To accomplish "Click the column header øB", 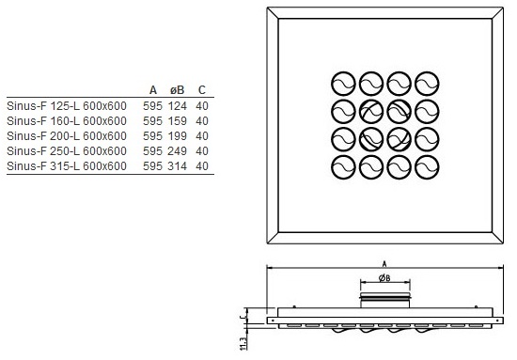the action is tap(177, 90).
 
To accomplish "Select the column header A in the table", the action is tap(153, 90).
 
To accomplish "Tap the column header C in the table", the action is tap(202, 90).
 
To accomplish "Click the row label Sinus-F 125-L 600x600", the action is tap(67, 106).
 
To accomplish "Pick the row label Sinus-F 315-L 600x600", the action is tap(67, 165).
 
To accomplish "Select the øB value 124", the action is tap(178, 106).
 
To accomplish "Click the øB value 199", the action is tap(178, 136).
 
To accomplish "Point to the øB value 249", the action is tap(178, 151).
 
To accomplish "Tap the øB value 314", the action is tap(178, 165).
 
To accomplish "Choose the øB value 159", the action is tap(178, 121).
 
